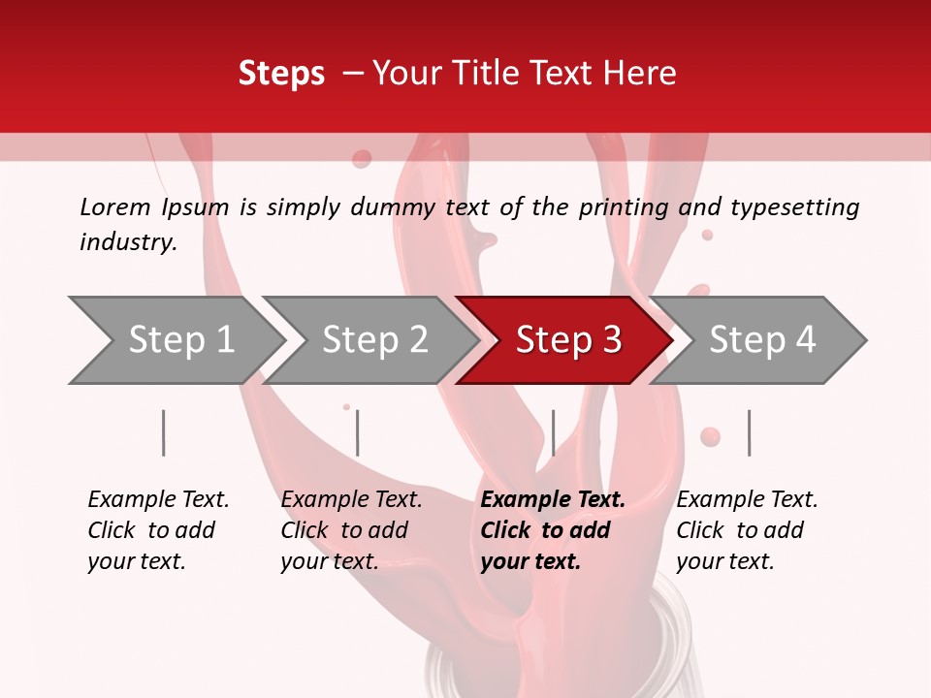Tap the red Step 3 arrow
pyautogui.click(x=568, y=340)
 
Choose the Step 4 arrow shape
pyautogui.click(x=762, y=340)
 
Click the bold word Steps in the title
pyautogui.click(x=281, y=74)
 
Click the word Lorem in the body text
pyautogui.click(x=115, y=206)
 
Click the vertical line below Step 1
pyautogui.click(x=163, y=432)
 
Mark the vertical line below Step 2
pyautogui.click(x=357, y=432)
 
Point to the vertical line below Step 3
pyautogui.click(x=553, y=432)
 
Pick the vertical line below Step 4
pyautogui.click(x=749, y=432)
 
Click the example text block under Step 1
pyautogui.click(x=158, y=530)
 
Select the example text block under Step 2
pyautogui.click(x=351, y=530)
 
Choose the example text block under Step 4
pyautogui.click(x=747, y=530)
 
